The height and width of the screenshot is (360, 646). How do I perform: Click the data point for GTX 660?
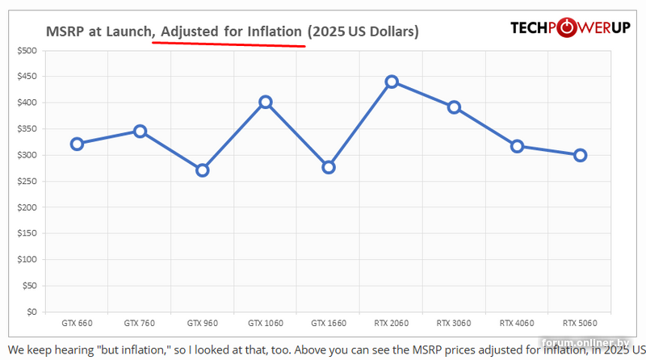(77, 144)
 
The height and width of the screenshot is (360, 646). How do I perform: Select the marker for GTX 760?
(140, 131)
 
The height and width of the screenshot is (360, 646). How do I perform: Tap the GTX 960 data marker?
(203, 170)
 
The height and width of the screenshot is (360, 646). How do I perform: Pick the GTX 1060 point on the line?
(265, 103)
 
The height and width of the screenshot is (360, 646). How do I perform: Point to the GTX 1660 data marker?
(328, 167)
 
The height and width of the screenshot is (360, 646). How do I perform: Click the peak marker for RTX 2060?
(392, 82)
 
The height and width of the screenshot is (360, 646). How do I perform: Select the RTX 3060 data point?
(454, 107)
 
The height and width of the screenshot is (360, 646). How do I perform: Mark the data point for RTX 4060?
(517, 146)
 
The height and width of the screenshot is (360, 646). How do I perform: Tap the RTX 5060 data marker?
(580, 155)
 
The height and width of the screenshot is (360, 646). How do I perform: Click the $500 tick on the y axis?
(27, 51)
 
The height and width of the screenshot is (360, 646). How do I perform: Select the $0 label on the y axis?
(32, 312)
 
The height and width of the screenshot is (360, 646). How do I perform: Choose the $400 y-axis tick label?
(27, 103)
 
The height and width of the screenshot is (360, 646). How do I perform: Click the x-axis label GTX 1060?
(265, 323)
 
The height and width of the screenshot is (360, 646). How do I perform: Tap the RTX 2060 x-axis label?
(392, 323)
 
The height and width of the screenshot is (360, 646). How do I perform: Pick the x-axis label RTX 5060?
(580, 323)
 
